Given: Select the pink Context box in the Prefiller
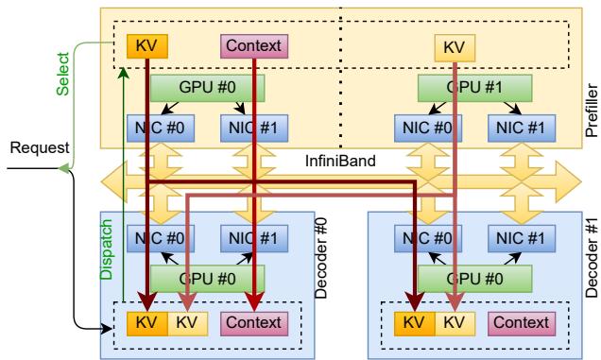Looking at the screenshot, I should [x=254, y=44].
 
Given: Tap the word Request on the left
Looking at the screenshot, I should [x=30, y=148].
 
